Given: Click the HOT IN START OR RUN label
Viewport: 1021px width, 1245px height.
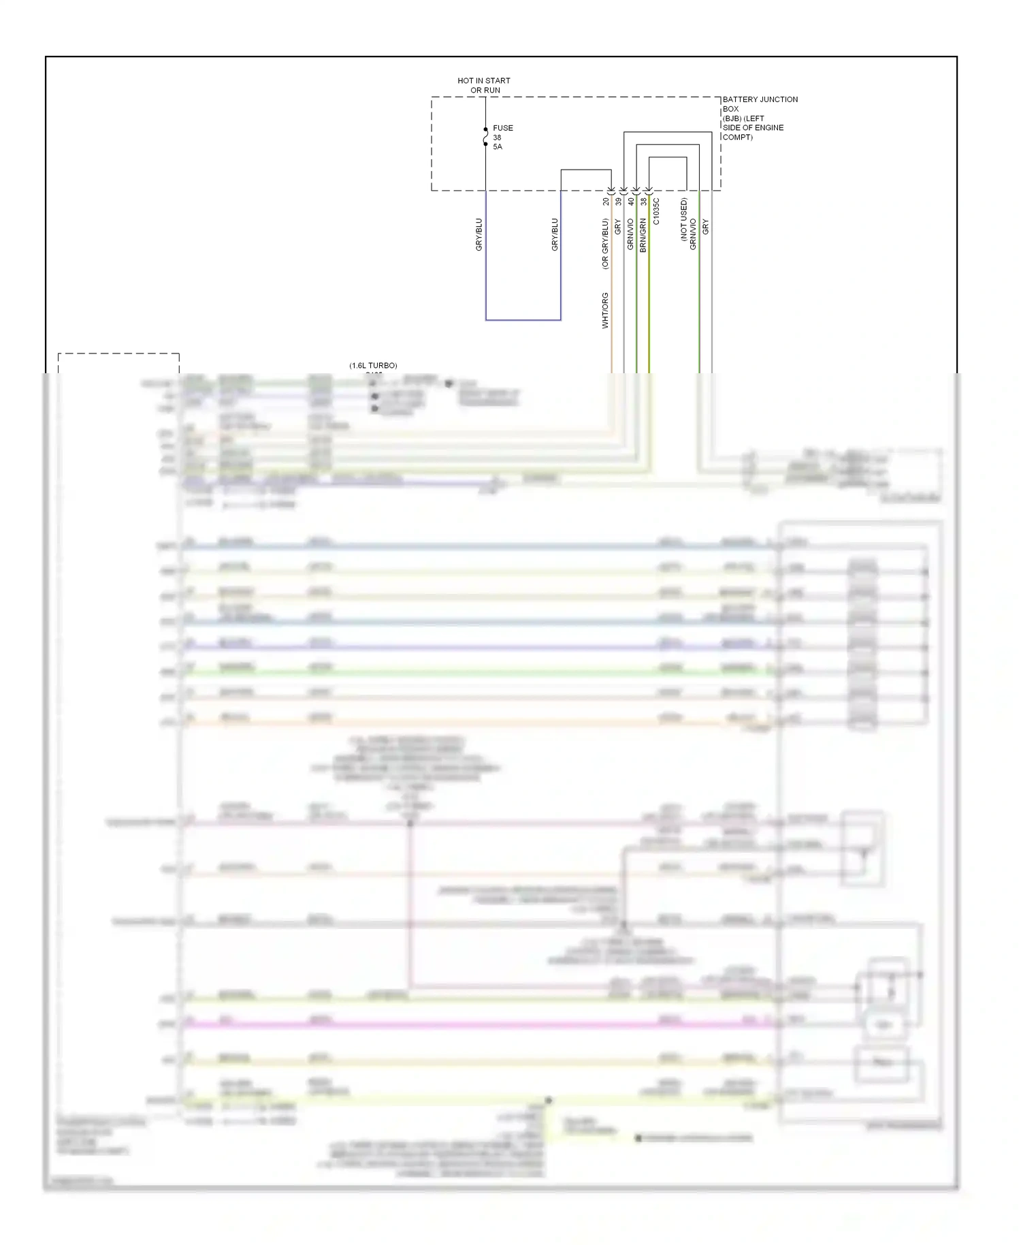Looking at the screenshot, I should (483, 85).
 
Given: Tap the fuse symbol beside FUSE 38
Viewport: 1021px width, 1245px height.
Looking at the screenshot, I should (485, 137).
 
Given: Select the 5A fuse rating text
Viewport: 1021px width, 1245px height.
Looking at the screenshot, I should (497, 147).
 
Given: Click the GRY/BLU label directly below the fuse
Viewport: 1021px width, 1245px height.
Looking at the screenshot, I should (479, 234).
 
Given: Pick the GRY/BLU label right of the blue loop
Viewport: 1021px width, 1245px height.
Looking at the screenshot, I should (554, 234).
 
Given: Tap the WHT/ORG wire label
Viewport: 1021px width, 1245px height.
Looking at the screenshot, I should (604, 311).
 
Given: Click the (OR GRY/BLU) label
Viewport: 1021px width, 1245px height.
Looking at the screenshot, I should (604, 244).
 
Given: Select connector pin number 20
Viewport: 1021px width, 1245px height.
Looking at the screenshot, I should (606, 202).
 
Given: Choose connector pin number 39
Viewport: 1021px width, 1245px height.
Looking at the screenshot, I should (618, 202).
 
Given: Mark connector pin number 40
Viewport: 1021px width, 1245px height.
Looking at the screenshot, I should (631, 202).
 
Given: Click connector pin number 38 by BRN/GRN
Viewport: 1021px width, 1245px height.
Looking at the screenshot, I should (643, 202).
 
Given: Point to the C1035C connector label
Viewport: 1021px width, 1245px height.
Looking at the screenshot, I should (656, 211).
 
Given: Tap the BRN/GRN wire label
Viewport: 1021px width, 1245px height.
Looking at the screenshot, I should (643, 236).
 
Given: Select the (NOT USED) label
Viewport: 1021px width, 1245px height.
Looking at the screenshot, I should (683, 219).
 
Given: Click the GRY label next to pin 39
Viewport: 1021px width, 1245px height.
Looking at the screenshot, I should (617, 227).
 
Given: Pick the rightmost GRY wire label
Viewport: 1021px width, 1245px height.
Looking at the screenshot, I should (705, 227).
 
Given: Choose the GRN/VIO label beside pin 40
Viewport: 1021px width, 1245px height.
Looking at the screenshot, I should (630, 234).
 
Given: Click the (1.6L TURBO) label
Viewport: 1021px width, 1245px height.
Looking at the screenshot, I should (373, 366).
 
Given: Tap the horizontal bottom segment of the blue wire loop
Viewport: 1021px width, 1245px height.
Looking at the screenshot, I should (523, 319).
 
